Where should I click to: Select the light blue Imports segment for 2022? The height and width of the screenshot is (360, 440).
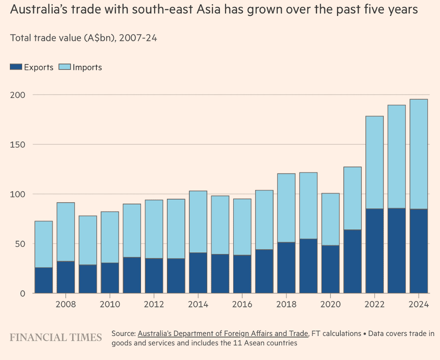[x=375, y=162]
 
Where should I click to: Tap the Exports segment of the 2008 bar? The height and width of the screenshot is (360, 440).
[x=66, y=277]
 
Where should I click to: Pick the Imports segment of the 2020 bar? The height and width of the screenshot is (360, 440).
[x=330, y=219]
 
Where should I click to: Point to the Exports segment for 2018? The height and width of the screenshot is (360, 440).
[x=286, y=267]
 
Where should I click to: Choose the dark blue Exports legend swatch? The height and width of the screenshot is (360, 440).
[x=16, y=67]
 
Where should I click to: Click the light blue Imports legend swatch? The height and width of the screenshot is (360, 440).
[x=64, y=67]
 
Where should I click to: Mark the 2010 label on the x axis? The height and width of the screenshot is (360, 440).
[x=110, y=304]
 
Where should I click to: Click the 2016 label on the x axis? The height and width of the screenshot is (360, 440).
[x=242, y=304]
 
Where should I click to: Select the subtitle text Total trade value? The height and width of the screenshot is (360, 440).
[x=45, y=38]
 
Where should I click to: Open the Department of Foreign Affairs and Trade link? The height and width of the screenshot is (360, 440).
[x=223, y=334]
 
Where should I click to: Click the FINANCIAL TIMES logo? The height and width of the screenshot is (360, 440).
[x=56, y=337]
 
